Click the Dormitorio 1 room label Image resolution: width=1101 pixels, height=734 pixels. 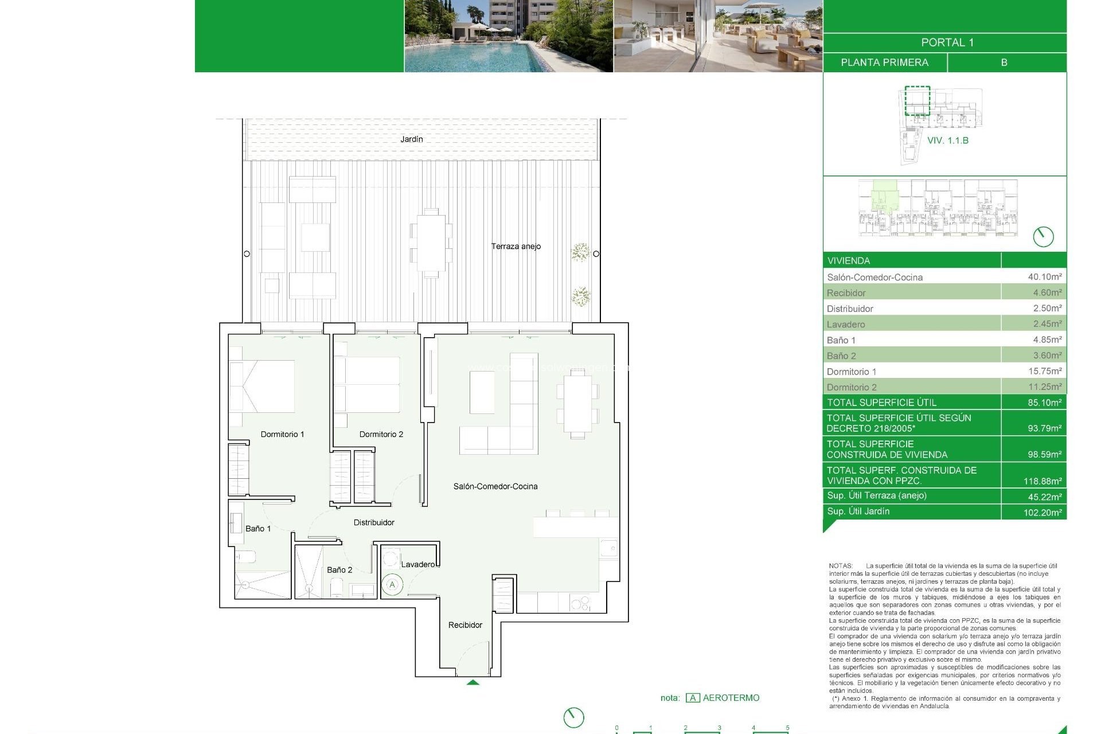[282, 434]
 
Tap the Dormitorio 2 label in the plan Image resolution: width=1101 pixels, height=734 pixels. [381, 434]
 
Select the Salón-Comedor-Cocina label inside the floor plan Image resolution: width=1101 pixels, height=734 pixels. [495, 486]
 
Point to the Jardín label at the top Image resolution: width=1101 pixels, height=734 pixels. [411, 139]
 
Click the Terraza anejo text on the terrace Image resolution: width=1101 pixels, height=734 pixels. [516, 246]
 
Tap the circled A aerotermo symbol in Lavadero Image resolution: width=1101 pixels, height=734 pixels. [392, 585]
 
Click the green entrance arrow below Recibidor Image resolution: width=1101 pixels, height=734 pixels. [473, 682]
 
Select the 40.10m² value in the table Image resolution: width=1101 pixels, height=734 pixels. [1044, 277]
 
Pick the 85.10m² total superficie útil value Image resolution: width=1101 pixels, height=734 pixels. [1044, 403]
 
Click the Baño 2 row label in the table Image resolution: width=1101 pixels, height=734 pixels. [841, 356]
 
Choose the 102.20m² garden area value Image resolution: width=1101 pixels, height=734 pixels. [1042, 512]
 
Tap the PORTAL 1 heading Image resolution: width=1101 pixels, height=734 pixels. [947, 42]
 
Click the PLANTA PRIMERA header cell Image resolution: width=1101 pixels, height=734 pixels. [884, 63]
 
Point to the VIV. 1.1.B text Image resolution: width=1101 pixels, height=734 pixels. [947, 140]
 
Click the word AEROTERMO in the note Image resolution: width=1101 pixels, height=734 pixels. [731, 698]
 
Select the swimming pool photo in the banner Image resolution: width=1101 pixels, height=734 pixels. [509, 36]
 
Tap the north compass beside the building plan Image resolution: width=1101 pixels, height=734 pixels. [1043, 236]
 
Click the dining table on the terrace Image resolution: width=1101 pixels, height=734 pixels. [431, 243]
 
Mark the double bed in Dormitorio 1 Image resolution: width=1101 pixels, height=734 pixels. [263, 386]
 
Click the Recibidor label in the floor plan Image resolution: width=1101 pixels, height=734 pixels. [465, 625]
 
